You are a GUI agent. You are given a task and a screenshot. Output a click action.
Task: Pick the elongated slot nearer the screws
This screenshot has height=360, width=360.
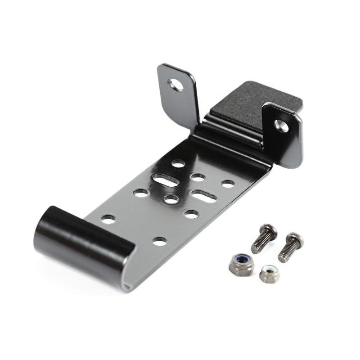(x=204, y=195)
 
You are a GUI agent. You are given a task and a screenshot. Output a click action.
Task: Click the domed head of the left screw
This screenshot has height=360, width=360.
(x=269, y=231)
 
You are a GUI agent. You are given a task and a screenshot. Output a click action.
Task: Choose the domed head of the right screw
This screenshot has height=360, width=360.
(x=295, y=240)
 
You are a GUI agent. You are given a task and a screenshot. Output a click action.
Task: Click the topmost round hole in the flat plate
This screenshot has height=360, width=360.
(x=179, y=164)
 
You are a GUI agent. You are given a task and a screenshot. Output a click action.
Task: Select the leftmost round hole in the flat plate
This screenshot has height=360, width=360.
(x=108, y=220)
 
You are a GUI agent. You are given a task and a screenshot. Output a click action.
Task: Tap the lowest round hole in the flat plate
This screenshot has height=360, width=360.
(x=159, y=241)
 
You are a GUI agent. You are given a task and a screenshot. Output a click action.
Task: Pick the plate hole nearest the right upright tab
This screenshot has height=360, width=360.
(x=228, y=184)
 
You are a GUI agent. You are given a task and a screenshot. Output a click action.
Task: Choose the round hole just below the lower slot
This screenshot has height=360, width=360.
(x=191, y=213)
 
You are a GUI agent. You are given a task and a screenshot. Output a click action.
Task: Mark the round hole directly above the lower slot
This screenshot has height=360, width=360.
(x=198, y=177)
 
